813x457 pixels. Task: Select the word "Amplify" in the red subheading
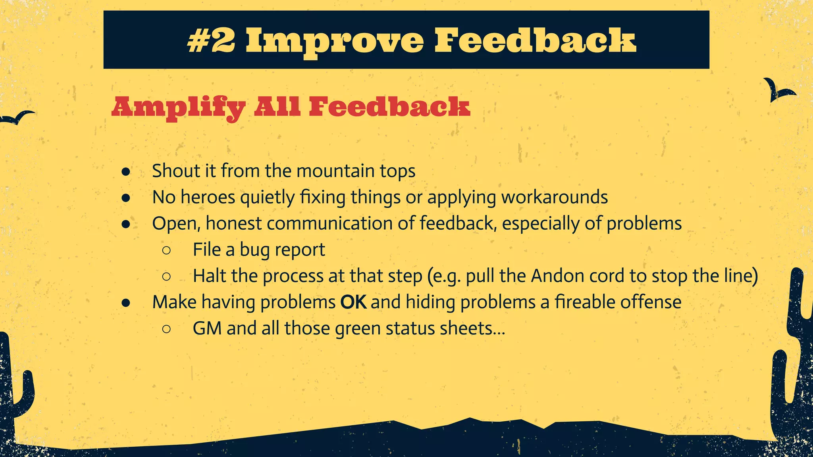179,108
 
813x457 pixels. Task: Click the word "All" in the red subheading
277,107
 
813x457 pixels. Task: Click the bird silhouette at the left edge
17,118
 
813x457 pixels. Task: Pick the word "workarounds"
554,197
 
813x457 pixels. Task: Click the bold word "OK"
353,302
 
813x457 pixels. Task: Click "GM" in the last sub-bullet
207,328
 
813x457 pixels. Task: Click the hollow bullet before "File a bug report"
166,250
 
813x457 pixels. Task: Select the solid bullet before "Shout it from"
126,171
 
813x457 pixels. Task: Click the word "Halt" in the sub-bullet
209,276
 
